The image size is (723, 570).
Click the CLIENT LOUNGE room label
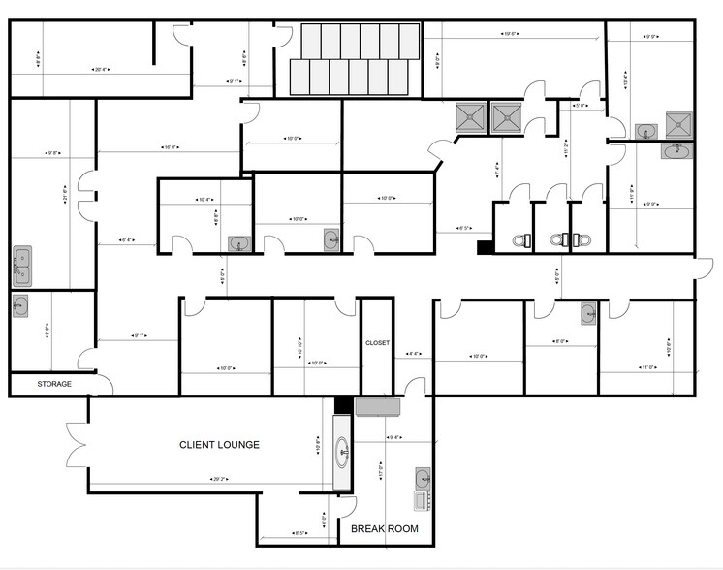[219, 445]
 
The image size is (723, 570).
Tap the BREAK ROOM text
[384, 528]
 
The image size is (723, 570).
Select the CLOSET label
[377, 342]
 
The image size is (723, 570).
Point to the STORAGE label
[54, 384]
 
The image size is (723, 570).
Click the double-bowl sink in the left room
[21, 263]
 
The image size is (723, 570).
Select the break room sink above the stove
[423, 478]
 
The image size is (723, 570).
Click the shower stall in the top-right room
[678, 124]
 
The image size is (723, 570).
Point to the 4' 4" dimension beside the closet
[413, 354]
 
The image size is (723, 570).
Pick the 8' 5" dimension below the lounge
[300, 532]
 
